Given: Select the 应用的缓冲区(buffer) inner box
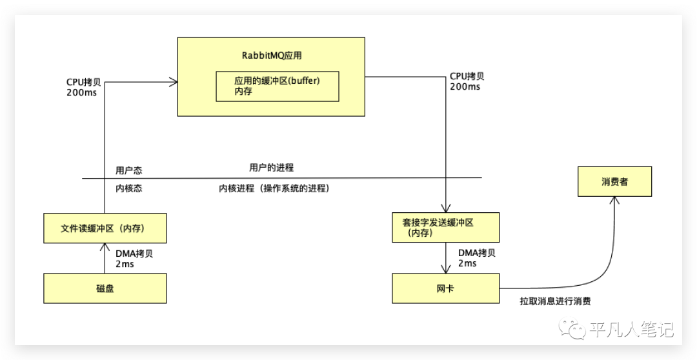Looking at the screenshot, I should coord(277,86).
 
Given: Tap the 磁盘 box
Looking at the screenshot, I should coord(105,288).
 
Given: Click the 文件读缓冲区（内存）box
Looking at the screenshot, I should coord(105,228).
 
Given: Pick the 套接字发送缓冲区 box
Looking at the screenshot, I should coord(445,227).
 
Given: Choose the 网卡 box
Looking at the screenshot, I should coord(445,288).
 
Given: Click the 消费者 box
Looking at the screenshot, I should coord(614,182).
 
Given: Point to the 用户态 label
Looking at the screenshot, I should coord(129,170).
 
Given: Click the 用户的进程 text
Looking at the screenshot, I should coord(271,168).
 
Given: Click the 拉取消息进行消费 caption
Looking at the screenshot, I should coord(555,301).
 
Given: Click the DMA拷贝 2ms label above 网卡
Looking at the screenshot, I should coord(477,258).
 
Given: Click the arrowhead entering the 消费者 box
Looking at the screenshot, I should coord(614,201).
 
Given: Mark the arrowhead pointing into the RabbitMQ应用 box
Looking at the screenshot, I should coord(172,81).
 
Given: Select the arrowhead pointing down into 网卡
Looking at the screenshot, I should coord(445,269).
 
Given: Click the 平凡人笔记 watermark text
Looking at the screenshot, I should coord(631,330).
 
